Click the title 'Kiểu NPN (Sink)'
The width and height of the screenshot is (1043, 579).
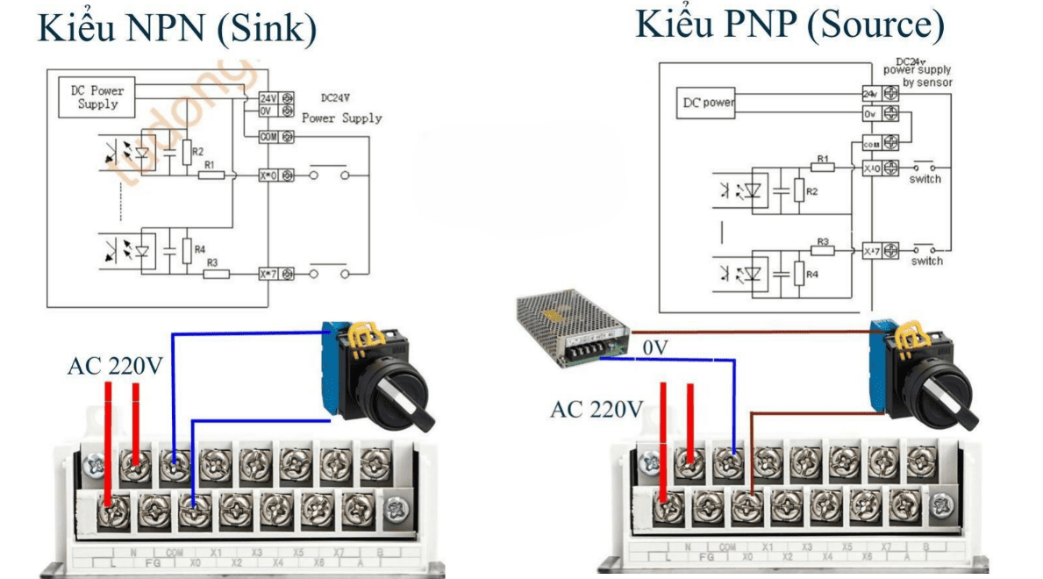pyautogui.click(x=175, y=28)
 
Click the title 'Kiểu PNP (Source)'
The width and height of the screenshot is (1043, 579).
pyautogui.click(x=789, y=25)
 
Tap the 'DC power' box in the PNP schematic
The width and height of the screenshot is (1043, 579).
pyautogui.click(x=708, y=103)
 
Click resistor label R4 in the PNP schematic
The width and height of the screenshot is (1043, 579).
pyautogui.click(x=811, y=275)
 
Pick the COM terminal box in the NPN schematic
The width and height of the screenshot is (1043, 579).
pyautogui.click(x=268, y=137)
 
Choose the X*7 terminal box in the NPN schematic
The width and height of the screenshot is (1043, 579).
pyautogui.click(x=268, y=274)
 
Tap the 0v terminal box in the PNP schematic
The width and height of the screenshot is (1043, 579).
pyautogui.click(x=869, y=114)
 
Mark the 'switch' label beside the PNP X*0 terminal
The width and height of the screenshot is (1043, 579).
pyautogui.click(x=925, y=179)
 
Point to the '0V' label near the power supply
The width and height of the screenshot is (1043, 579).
pyautogui.click(x=656, y=348)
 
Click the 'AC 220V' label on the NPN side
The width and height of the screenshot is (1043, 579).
pyautogui.click(x=115, y=367)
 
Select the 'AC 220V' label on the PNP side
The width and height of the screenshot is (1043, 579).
pyautogui.click(x=597, y=409)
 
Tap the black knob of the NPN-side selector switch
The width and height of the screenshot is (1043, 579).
pyautogui.click(x=400, y=394)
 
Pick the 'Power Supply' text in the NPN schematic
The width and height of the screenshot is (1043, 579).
pyautogui.click(x=342, y=118)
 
